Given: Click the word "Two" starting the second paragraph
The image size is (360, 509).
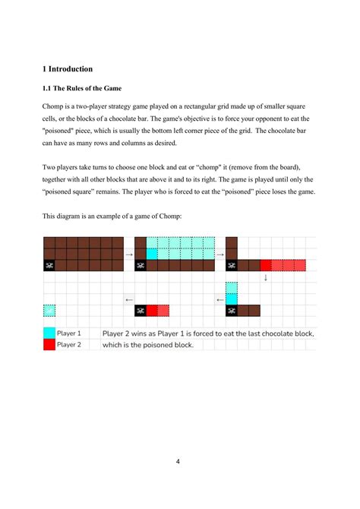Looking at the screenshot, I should pos(50,167).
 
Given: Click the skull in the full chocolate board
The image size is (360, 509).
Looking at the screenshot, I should pos(49,265).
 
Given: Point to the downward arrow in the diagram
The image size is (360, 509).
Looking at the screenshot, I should pos(266,277).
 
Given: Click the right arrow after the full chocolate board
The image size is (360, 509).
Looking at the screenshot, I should pos(129,254).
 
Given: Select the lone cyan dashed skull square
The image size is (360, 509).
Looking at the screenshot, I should pos(49,311).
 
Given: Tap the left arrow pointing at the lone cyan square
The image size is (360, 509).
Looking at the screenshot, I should pos(129,299).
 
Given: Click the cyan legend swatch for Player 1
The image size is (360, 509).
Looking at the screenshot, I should pos(49,333).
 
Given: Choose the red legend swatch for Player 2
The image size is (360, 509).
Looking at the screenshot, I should pos(49,344).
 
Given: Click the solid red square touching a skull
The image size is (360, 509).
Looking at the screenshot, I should pos(152,311).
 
